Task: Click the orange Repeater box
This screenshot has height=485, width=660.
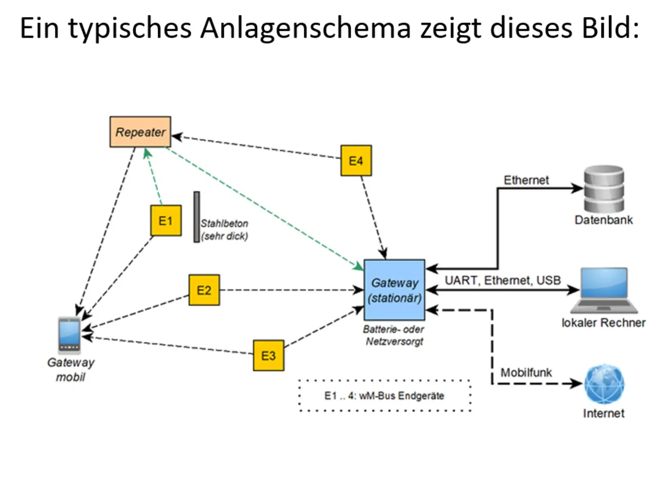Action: pyautogui.click(x=140, y=131)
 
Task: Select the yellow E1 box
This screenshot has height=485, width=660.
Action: pyautogui.click(x=166, y=220)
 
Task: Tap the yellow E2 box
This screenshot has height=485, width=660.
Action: pyautogui.click(x=204, y=290)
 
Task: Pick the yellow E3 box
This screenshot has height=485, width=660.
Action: pyautogui.click(x=269, y=355)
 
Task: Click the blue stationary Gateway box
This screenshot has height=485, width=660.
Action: pyautogui.click(x=394, y=290)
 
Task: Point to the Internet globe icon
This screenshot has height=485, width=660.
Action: pyautogui.click(x=604, y=384)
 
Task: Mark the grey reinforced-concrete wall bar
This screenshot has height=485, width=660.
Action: pyautogui.click(x=196, y=216)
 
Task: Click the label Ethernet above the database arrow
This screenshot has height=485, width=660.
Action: pyautogui.click(x=526, y=180)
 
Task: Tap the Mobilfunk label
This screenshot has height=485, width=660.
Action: pyautogui.click(x=526, y=372)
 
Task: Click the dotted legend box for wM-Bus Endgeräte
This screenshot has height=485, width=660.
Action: pyautogui.click(x=385, y=396)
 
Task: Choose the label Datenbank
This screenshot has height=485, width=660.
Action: pyautogui.click(x=604, y=220)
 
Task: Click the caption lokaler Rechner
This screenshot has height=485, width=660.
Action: pyautogui.click(x=604, y=323)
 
